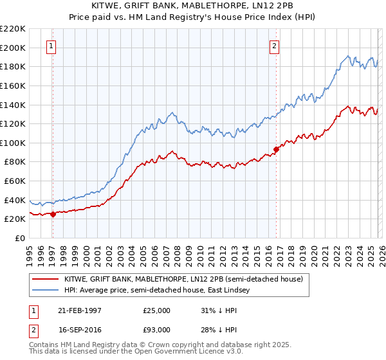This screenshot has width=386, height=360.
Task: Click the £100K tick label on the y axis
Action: click(x=13, y=143)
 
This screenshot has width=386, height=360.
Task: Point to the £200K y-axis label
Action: click(x=13, y=48)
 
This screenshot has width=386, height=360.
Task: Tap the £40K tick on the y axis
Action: click(x=15, y=200)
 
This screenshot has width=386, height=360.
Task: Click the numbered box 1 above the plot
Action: click(x=51, y=46)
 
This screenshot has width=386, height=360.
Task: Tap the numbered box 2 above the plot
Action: click(x=275, y=46)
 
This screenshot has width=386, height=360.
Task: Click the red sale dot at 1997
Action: click(x=53, y=215)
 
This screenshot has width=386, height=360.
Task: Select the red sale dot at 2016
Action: click(x=276, y=150)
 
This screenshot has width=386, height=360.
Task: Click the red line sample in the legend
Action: click(x=45, y=279)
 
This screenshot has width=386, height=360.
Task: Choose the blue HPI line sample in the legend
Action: click(x=45, y=291)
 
